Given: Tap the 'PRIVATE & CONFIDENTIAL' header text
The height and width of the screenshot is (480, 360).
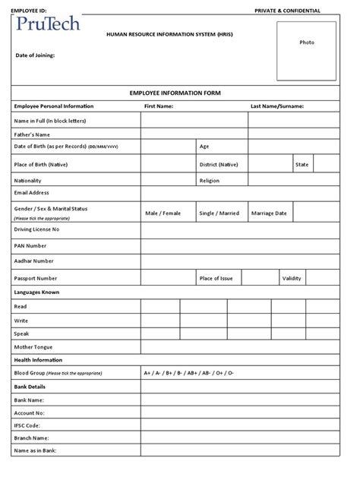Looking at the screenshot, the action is click(x=286, y=11).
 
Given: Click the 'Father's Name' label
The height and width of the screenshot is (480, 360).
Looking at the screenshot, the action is click(x=31, y=134).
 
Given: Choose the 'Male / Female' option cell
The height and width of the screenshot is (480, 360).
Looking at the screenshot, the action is click(x=163, y=213).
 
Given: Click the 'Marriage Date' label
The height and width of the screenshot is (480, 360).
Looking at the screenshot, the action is click(x=269, y=213).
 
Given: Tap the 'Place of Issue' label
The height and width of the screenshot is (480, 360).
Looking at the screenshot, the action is click(x=215, y=279).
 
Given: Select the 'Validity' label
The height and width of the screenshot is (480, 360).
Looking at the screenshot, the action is click(x=292, y=279).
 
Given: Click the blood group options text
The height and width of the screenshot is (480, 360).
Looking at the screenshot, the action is click(x=189, y=374).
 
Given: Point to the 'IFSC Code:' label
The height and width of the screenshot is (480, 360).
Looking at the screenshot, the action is click(x=29, y=425).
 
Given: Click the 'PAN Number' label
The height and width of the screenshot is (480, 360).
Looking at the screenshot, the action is click(x=30, y=245).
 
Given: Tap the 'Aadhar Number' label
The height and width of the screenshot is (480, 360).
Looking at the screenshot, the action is click(x=33, y=261).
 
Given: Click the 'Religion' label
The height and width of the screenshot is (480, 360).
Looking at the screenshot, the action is click(x=210, y=181).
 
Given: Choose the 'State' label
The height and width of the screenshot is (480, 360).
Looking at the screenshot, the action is click(x=302, y=164).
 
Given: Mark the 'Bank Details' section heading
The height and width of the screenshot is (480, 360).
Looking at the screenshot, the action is click(x=30, y=387).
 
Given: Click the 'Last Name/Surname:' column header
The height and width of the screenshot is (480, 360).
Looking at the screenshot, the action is click(x=276, y=106).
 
